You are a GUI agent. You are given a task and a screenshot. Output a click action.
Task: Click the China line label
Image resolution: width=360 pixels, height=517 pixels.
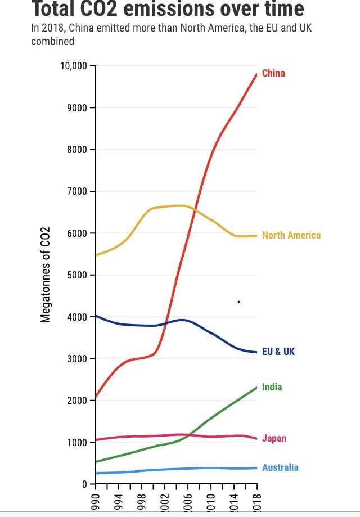tap(273, 74)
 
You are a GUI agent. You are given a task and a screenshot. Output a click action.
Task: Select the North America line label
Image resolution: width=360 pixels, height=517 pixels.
tap(291, 235)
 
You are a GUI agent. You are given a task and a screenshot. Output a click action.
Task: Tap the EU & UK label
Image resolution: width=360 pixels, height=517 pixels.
tap(278, 352)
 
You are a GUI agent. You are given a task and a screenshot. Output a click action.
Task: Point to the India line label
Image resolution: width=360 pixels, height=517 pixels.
tap(272, 387)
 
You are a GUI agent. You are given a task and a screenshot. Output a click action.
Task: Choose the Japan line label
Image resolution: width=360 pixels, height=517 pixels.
tap(274, 439)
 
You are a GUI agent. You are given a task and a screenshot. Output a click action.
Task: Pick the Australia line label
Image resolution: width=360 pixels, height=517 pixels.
tap(280, 467)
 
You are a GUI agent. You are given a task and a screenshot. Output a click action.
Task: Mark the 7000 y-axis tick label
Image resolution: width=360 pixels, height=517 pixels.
tap(78, 192)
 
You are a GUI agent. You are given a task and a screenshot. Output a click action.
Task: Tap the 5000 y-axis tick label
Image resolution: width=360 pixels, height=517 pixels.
tap(78, 275)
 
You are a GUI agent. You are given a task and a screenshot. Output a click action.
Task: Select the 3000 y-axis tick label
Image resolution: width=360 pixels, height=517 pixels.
tap(78, 359)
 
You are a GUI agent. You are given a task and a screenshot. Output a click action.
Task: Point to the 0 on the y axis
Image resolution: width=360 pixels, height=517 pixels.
tap(84, 484)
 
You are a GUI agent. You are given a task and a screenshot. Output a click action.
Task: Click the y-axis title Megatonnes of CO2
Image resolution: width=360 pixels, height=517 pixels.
tap(46, 275)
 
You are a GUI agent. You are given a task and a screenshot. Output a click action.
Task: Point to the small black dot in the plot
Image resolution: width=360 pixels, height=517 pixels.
tap(239, 302)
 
